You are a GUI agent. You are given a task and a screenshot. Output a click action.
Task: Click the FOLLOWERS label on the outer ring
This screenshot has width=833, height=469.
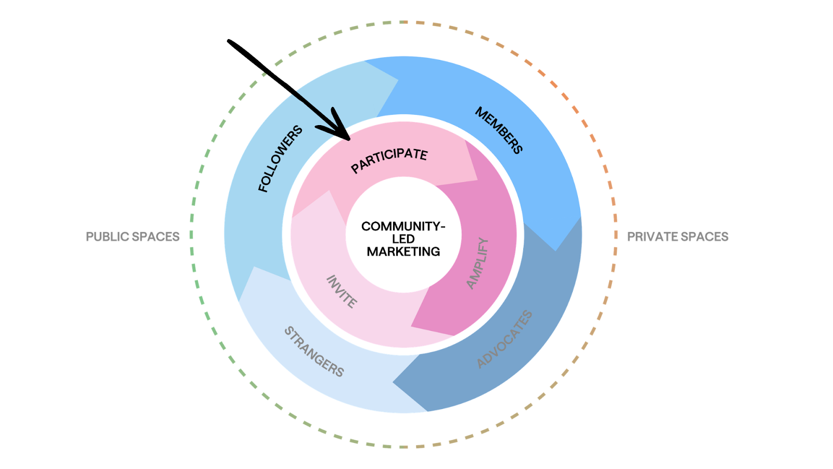point(280,158)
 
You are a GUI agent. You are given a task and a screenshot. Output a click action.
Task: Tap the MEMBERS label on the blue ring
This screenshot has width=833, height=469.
point(499,130)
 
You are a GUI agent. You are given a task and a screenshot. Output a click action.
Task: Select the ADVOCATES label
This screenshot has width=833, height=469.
point(504,339)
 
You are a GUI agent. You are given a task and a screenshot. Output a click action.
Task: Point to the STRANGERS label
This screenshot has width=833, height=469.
point(314,352)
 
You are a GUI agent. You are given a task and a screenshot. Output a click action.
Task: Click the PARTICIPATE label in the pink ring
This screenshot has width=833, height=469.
point(389,160)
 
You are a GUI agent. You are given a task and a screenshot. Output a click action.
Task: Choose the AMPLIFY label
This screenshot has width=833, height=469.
point(477,264)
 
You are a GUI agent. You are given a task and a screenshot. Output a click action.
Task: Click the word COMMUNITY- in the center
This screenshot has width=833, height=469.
point(403,226)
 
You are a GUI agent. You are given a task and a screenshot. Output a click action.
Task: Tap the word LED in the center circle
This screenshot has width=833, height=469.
point(403,239)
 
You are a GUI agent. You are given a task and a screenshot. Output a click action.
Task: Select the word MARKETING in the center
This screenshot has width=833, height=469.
point(403,252)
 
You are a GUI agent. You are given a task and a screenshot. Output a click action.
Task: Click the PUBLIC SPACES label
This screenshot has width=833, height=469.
point(133,237)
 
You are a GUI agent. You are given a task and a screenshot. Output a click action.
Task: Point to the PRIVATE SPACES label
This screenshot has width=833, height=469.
point(677,237)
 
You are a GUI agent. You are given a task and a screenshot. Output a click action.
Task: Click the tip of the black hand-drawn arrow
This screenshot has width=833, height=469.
point(349,139)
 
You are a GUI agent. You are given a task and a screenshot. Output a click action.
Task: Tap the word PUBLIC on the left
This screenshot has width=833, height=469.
point(107,237)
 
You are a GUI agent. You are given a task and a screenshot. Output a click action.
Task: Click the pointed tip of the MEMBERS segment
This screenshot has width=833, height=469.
point(556,251)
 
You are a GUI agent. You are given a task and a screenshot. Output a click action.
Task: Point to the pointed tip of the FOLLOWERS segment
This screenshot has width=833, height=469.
point(398,80)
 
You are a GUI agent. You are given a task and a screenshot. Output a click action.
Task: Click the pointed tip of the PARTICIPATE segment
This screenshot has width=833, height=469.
point(477,180)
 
